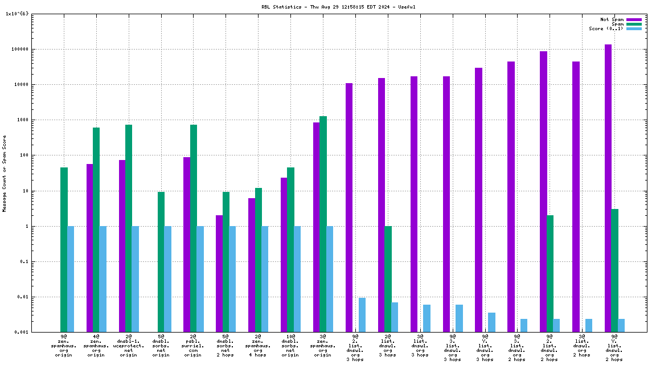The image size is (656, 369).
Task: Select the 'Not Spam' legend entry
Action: coord(612,19)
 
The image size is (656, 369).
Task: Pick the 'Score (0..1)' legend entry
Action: coord(606,28)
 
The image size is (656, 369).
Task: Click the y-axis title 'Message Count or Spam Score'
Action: coord(5,174)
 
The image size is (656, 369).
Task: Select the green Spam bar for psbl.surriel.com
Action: coord(194,228)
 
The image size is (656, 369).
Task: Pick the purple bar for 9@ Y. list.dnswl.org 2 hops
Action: coord(608,188)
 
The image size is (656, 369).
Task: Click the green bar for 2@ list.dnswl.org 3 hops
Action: coord(388,279)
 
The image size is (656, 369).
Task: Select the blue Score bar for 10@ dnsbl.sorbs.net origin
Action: coord(297,279)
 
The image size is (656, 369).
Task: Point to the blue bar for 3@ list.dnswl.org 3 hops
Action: coord(427,318)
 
